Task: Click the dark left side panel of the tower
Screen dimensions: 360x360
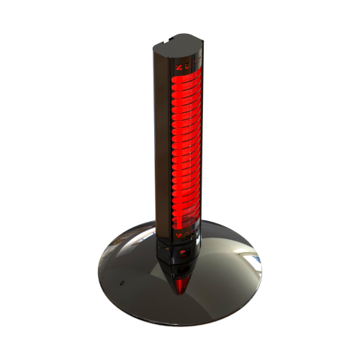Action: pos(160,144)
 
